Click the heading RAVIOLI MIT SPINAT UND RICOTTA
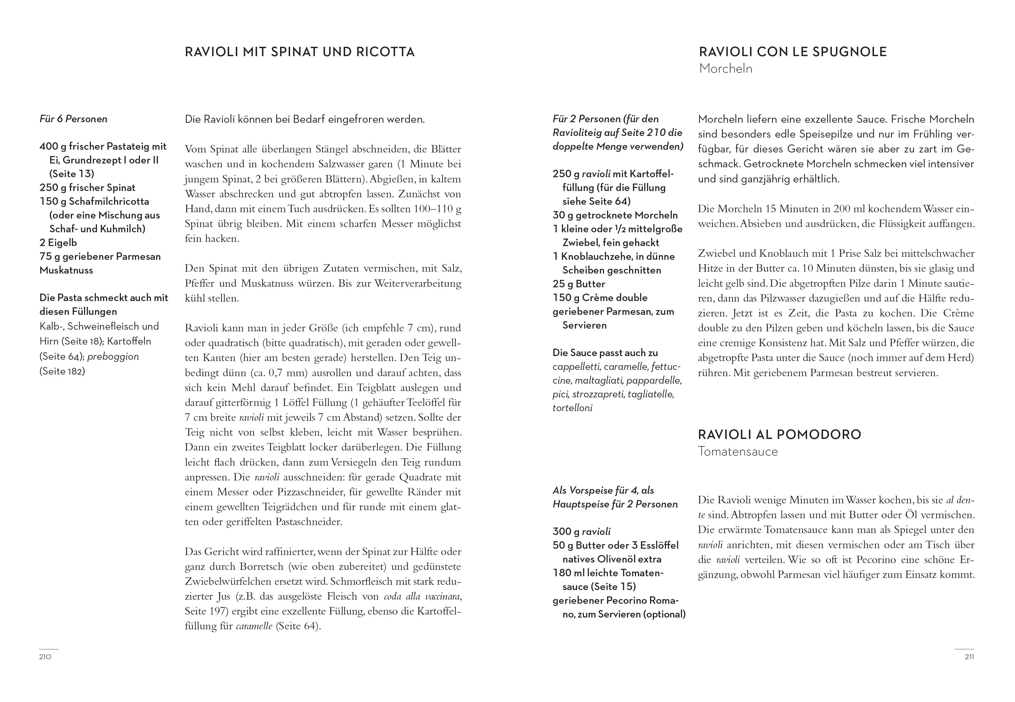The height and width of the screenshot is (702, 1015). coord(299,52)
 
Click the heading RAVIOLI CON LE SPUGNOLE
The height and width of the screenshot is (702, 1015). coord(792,52)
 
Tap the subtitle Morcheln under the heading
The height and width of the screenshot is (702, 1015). coord(726,69)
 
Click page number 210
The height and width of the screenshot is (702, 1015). coord(45,657)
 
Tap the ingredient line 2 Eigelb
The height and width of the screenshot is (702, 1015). coord(58,242)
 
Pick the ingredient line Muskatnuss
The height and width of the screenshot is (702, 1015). coord(66,270)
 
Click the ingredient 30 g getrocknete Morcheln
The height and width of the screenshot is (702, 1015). coord(615,215)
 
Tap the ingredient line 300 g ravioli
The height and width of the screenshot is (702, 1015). coord(581,531)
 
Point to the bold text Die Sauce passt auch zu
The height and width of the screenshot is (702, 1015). coord(605,353)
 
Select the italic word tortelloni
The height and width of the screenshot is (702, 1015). coord(572,408)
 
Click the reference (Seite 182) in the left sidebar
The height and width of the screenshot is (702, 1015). coord(62,371)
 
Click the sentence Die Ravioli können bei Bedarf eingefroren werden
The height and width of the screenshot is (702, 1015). coord(305,119)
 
